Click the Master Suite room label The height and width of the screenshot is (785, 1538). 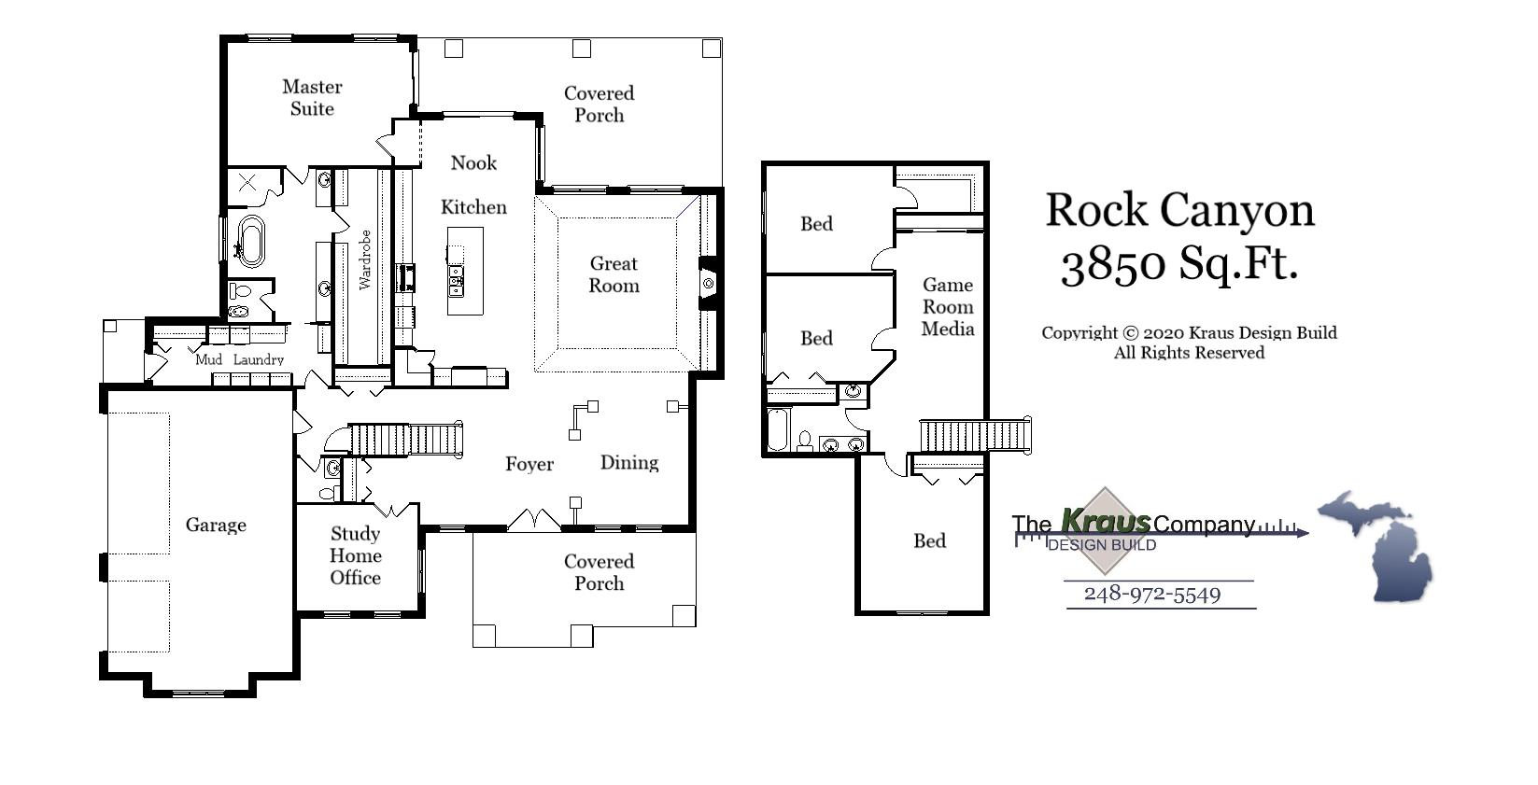tap(312, 98)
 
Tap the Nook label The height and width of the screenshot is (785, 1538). tap(473, 163)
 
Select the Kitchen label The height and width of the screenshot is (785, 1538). tap(473, 207)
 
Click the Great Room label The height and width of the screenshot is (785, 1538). tap(614, 275)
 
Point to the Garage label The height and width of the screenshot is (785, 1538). tap(216, 526)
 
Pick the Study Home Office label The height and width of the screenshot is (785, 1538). tap(356, 555)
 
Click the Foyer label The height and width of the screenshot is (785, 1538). tap(529, 465)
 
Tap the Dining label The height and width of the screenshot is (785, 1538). tap(628, 463)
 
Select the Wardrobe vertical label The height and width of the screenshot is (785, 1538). tap(365, 259)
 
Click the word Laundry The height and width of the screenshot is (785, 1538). tap(259, 360)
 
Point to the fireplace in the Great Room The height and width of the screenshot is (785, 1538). tap(708, 283)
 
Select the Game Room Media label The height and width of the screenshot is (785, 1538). tap(948, 307)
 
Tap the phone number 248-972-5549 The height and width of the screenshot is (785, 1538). tap(1152, 595)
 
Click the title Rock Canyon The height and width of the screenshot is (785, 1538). tap(1179, 211)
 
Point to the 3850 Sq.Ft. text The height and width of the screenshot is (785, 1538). tap(1179, 265)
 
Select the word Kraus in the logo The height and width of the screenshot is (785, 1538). tap(1106, 522)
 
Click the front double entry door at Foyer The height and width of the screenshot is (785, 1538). tap(533, 521)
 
